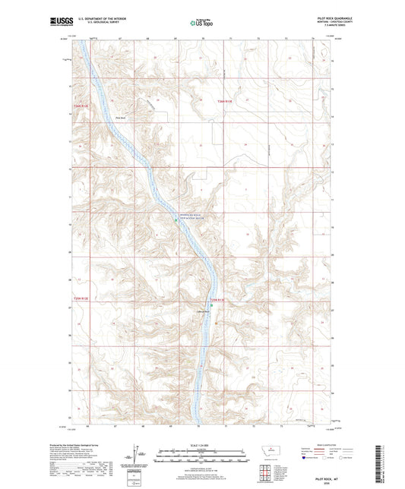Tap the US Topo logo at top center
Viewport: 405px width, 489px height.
201,23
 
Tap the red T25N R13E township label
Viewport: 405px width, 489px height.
218,301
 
